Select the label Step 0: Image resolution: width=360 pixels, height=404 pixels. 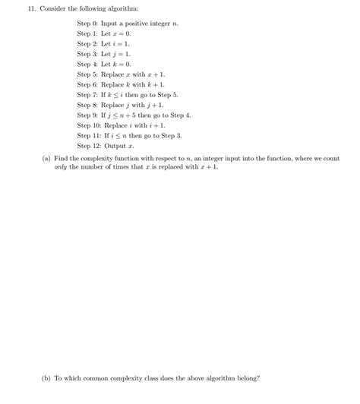(87, 24)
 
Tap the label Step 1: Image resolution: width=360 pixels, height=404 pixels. (87, 34)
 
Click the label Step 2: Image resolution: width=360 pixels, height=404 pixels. (87, 44)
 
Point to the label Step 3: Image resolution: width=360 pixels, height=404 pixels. (87, 54)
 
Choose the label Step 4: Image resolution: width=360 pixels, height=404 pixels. (87, 65)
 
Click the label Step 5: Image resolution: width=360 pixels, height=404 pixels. (87, 74)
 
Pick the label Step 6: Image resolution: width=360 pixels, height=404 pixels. (87, 84)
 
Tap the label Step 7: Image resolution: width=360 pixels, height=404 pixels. (87, 95)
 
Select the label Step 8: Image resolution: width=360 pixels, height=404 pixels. (87, 105)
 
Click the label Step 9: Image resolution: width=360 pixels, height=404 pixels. (87, 115)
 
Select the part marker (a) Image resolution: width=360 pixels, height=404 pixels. (47, 159)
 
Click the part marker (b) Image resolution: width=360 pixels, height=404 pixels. (47, 377)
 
